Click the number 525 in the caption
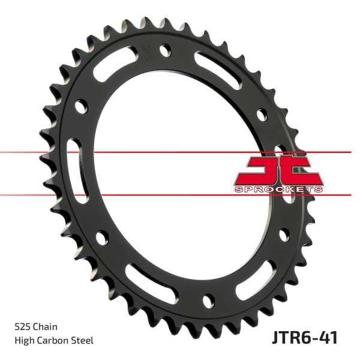click(x=23, y=327)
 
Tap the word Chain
click(x=45, y=327)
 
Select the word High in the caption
click(x=24, y=341)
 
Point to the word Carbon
click(x=52, y=340)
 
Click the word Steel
click(x=82, y=340)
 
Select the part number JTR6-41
click(x=305, y=337)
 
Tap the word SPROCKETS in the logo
click(x=278, y=190)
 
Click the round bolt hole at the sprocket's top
click(x=166, y=50)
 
